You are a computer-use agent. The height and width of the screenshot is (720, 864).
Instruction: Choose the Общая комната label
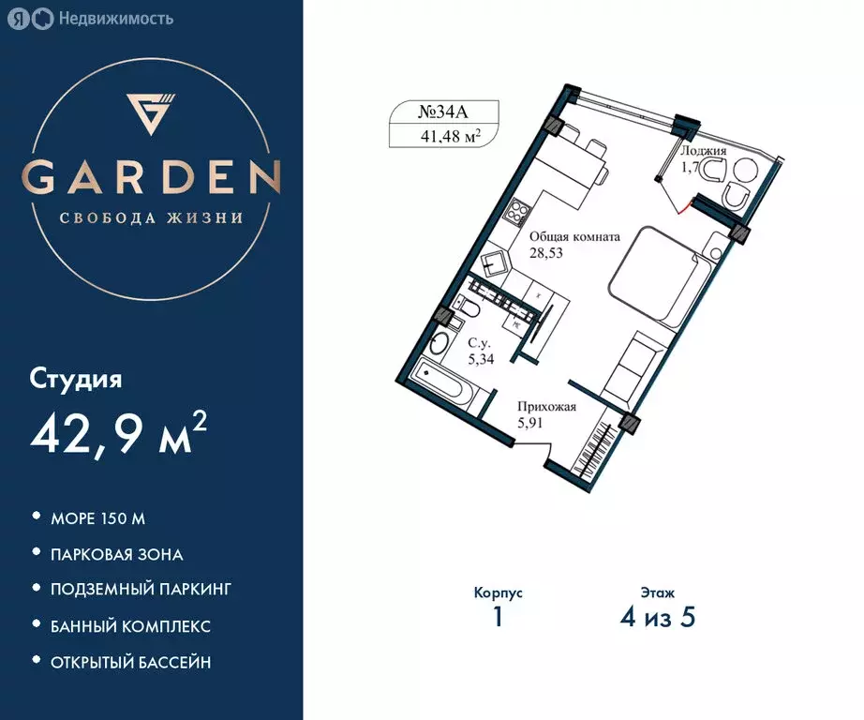[x=574, y=237]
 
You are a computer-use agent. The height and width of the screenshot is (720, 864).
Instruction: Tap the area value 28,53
[x=546, y=253]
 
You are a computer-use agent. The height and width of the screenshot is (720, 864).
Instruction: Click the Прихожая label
[x=546, y=407]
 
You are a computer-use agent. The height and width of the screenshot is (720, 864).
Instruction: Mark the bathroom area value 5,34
[x=482, y=357]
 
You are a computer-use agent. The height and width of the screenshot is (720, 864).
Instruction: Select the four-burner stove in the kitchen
[x=518, y=210]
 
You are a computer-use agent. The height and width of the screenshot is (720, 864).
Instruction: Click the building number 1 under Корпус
[x=498, y=620]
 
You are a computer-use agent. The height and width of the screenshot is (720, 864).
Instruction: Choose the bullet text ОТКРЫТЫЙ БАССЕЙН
[x=131, y=662]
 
